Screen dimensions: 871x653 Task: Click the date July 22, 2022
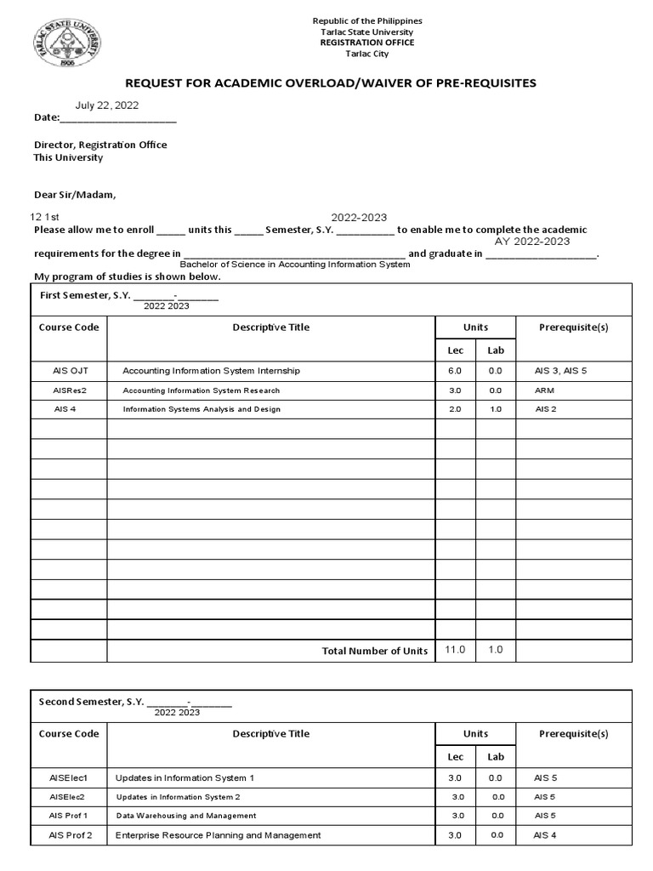[x=107, y=105]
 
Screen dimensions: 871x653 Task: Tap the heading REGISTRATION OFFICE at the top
[x=367, y=43]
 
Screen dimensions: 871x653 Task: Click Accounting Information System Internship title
[x=211, y=371]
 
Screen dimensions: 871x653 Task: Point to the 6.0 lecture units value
[x=455, y=371]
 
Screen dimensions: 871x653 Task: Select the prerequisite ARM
[x=544, y=390]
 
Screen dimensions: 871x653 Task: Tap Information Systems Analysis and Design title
[x=202, y=409]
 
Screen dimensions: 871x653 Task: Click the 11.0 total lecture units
[x=456, y=650]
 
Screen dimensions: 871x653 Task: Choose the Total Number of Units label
[x=375, y=651]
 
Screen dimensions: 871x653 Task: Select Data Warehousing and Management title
[x=186, y=816]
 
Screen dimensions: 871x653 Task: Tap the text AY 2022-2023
[x=532, y=242]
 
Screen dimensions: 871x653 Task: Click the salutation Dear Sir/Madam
[x=74, y=195]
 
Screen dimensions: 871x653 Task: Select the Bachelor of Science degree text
[x=294, y=265]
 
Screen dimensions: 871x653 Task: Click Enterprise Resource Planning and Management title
[x=219, y=835]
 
